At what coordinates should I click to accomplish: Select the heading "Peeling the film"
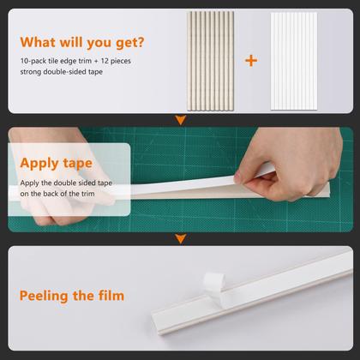pyautogui.click(x=72, y=296)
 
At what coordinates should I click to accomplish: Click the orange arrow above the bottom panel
pyautogui.click(x=179, y=238)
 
